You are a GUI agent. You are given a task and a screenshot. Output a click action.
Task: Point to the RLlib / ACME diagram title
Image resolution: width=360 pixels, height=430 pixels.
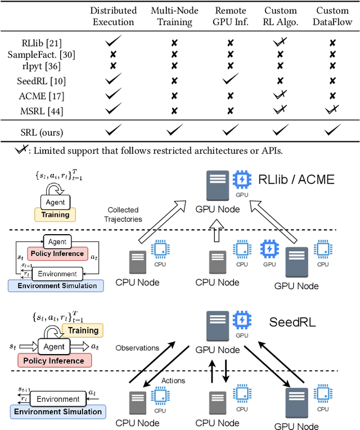[x=296, y=180]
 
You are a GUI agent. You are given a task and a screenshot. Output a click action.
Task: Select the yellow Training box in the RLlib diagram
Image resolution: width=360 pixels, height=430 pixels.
[x=56, y=214]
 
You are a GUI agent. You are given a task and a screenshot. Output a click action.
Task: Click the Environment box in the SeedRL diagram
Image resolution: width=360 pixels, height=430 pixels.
[x=58, y=399]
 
